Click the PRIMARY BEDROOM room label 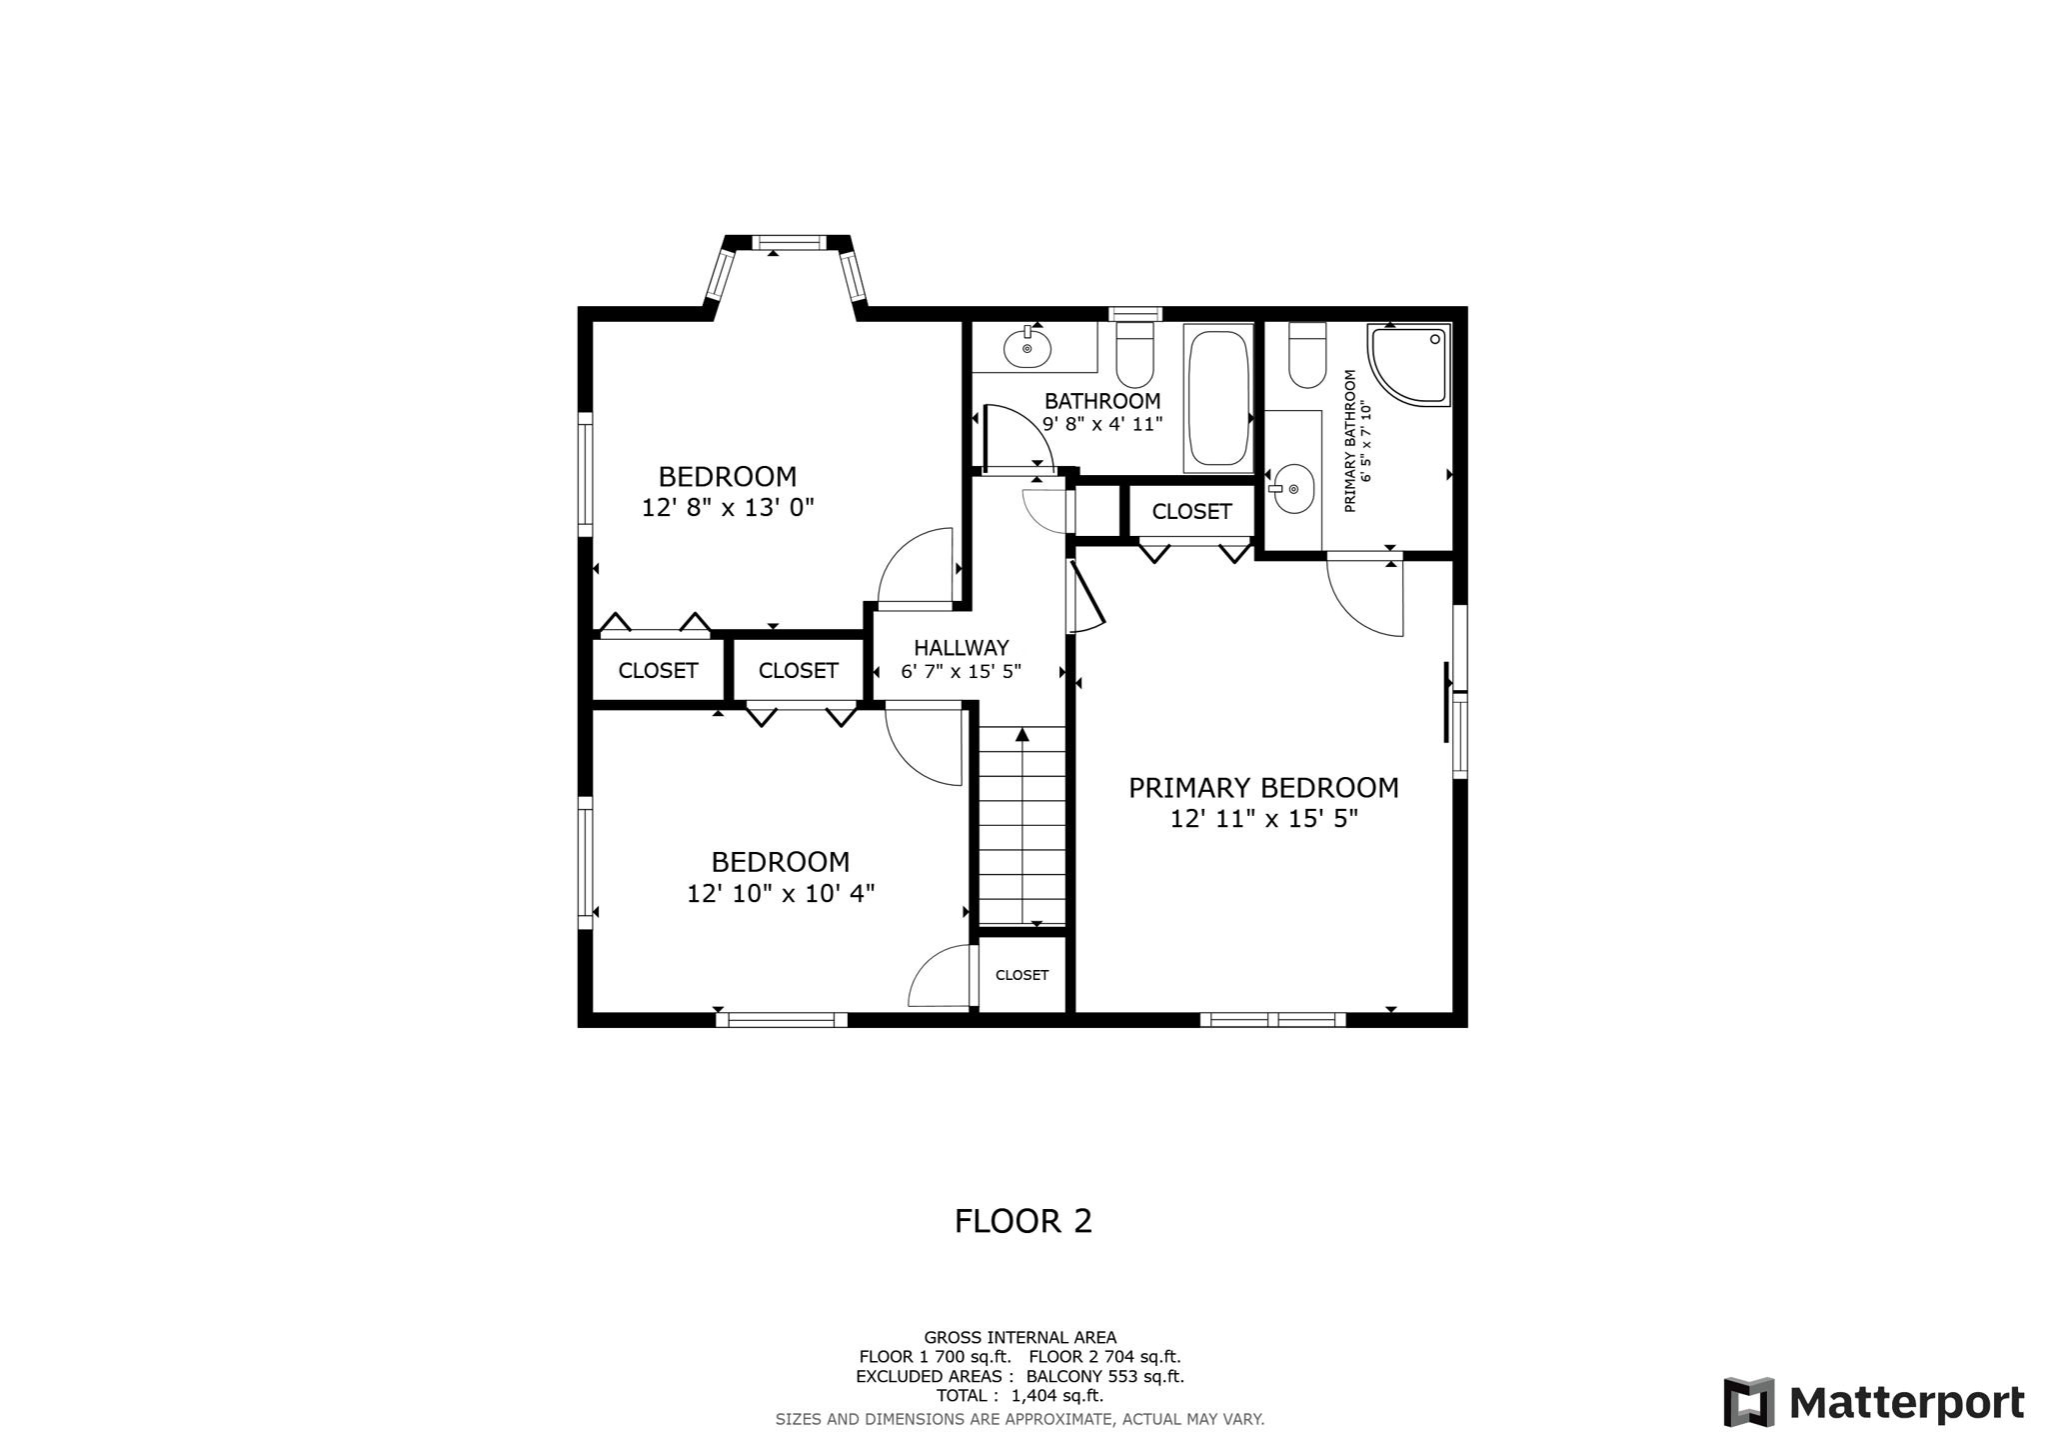(1263, 788)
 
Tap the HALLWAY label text (961, 648)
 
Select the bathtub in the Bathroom (1218, 398)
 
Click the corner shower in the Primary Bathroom (1407, 364)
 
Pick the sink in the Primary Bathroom (1293, 489)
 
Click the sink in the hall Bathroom (1027, 348)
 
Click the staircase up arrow (1022, 735)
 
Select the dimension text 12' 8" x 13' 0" (728, 508)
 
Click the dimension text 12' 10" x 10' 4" (781, 894)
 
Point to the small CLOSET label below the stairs (1022, 975)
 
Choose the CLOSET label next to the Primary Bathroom (1191, 512)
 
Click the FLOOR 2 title (1023, 1221)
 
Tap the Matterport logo (1873, 1402)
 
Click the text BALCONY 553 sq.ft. (1104, 1376)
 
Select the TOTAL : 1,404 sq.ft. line (1020, 1395)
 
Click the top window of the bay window (789, 242)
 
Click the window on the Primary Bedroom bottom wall (1272, 1020)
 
